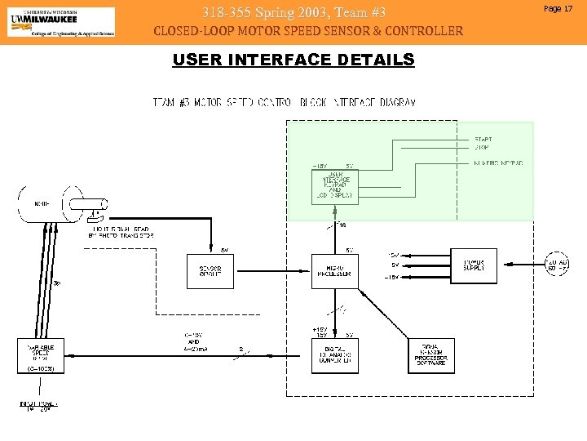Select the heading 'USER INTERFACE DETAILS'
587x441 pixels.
coord(293,60)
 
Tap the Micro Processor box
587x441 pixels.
coord(334,271)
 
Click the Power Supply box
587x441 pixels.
coord(474,266)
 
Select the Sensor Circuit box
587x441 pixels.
coord(210,271)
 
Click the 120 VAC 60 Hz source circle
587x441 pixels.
coord(557,265)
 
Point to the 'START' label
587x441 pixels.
coord(483,140)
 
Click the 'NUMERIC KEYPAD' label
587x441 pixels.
coord(498,163)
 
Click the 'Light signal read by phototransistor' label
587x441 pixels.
coord(121,232)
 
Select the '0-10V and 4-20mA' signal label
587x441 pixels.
coord(193,342)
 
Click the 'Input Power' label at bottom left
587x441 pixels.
coord(38,406)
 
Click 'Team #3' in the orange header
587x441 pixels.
coord(359,12)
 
